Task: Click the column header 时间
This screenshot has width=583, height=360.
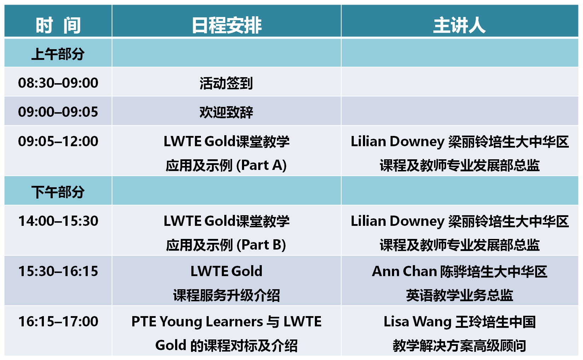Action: click(x=58, y=25)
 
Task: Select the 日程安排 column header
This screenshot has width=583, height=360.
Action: click(x=226, y=25)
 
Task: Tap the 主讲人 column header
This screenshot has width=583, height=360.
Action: click(x=460, y=25)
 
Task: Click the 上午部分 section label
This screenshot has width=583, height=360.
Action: click(x=58, y=54)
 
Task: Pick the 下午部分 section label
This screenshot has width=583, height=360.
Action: click(x=58, y=192)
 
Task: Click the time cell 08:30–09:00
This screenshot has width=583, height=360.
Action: click(x=58, y=83)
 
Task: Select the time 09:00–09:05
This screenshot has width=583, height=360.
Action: click(x=58, y=112)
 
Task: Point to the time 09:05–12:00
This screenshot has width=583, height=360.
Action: click(x=58, y=142)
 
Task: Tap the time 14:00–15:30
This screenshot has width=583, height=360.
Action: click(x=58, y=221)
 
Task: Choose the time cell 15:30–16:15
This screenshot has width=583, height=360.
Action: click(x=58, y=272)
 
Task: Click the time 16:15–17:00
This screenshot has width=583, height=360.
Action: click(x=58, y=322)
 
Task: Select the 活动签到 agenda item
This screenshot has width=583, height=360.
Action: click(x=226, y=83)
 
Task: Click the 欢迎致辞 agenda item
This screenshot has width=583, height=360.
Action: click(x=226, y=113)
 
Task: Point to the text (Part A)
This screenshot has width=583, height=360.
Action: click(x=261, y=165)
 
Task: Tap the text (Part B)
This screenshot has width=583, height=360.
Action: click(x=261, y=245)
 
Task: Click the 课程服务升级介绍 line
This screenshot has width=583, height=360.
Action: click(x=226, y=295)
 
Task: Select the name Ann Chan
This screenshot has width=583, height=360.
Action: click(x=404, y=272)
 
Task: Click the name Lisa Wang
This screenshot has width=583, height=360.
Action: click(x=417, y=322)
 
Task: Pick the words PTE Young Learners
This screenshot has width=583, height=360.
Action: click(x=197, y=322)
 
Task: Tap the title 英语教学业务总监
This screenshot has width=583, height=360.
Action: click(x=460, y=295)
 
